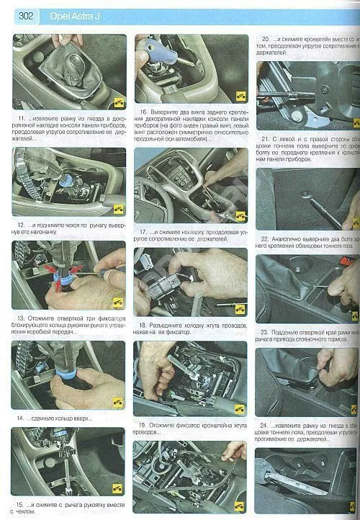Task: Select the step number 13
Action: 20,317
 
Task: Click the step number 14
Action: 20,417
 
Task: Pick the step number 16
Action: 144,112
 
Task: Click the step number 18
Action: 143,325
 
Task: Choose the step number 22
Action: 265,238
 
